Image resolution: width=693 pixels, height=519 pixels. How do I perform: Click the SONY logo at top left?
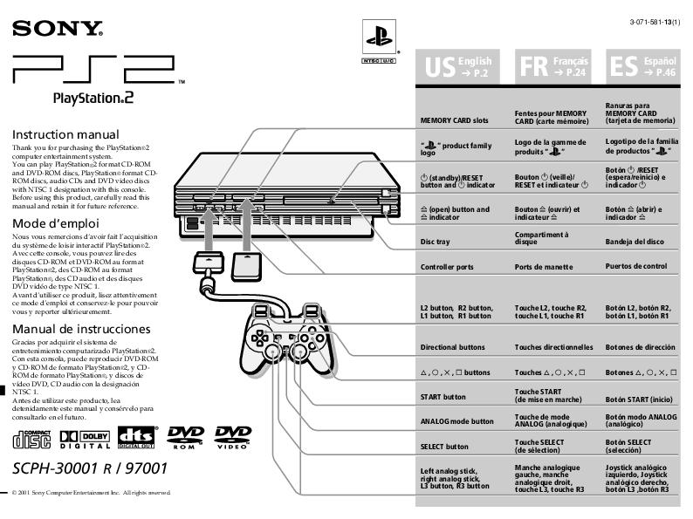pyautogui.click(x=57, y=30)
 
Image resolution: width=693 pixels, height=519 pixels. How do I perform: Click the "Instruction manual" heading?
pyautogui.click(x=65, y=135)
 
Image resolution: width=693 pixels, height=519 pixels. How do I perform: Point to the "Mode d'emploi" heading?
pyautogui.click(x=55, y=222)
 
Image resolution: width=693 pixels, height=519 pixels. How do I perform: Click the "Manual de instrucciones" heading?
pyautogui.click(x=81, y=329)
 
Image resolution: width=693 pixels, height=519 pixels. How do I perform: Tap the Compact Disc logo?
pyautogui.click(x=31, y=437)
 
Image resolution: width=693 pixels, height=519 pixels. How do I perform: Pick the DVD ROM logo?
pyautogui.click(x=185, y=437)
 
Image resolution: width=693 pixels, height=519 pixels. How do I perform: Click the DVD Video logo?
pyautogui.click(x=233, y=437)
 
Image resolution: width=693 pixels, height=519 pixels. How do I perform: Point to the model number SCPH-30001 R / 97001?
pyautogui.click(x=90, y=468)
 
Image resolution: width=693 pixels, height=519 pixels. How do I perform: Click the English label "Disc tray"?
pyautogui.click(x=436, y=241)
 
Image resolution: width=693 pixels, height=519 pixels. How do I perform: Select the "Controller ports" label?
pyautogui.click(x=447, y=266)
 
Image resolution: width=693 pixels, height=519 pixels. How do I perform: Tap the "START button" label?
pyautogui.click(x=443, y=397)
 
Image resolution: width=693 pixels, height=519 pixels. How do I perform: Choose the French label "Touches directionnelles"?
pyautogui.click(x=553, y=347)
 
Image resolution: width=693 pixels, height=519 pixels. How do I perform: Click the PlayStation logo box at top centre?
pyautogui.click(x=379, y=41)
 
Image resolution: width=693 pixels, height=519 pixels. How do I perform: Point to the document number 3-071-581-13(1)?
pyautogui.click(x=650, y=21)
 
